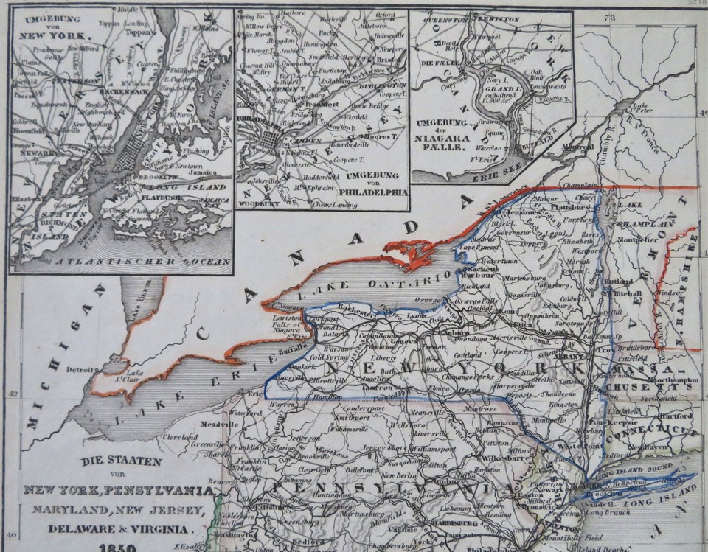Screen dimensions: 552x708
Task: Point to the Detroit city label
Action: pos(80,368)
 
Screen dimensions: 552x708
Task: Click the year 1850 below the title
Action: pos(117,546)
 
